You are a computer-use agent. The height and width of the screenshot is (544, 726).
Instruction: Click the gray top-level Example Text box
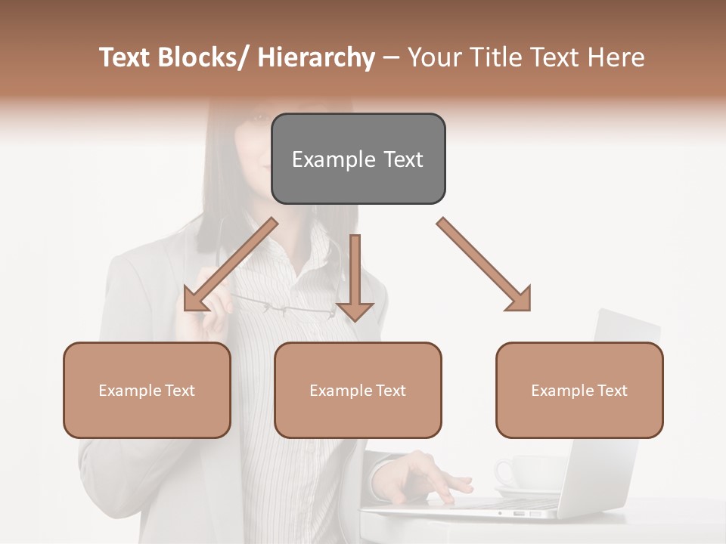point(358,159)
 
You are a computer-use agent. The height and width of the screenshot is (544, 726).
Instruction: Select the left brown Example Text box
point(147,390)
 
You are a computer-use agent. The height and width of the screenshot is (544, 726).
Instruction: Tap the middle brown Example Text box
point(358,390)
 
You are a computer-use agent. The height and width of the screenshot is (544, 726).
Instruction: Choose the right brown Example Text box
point(579,390)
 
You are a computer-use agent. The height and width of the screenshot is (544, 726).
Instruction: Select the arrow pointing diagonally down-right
point(485,265)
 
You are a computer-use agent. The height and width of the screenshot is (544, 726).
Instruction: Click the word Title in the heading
point(495,57)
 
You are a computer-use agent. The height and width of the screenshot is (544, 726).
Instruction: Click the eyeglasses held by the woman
point(287,306)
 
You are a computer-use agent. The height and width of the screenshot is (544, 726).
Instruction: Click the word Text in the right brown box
point(611,391)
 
